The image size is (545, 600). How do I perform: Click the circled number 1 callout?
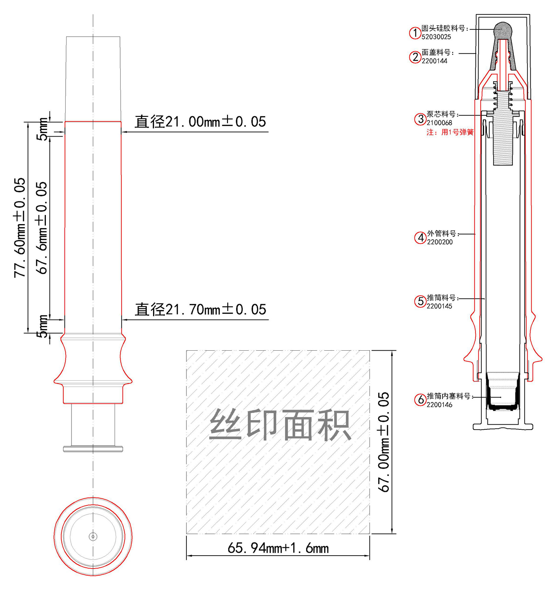[415, 33]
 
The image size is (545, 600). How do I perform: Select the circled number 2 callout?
[415, 57]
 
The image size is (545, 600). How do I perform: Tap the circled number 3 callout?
[420, 119]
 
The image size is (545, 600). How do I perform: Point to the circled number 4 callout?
[420, 237]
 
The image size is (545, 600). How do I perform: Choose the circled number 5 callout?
[420, 302]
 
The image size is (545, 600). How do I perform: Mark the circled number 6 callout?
[420, 400]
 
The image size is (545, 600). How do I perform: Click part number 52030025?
[436, 37]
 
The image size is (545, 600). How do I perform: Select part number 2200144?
[434, 61]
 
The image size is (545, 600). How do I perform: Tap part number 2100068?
[439, 123]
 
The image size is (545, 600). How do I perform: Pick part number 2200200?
[440, 242]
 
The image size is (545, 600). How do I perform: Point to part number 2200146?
[439, 405]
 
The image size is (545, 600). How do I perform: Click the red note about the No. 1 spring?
[450, 132]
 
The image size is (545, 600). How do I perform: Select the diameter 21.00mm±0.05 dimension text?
[200, 122]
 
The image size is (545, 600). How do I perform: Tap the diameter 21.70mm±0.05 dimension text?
[201, 309]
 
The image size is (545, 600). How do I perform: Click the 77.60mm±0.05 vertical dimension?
[19, 228]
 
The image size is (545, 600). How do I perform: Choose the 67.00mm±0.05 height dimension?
[384, 442]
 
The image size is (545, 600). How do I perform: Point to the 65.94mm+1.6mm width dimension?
[278, 548]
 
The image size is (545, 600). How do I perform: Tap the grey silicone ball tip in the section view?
[503, 30]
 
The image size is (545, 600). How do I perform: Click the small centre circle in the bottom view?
[93, 537]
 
